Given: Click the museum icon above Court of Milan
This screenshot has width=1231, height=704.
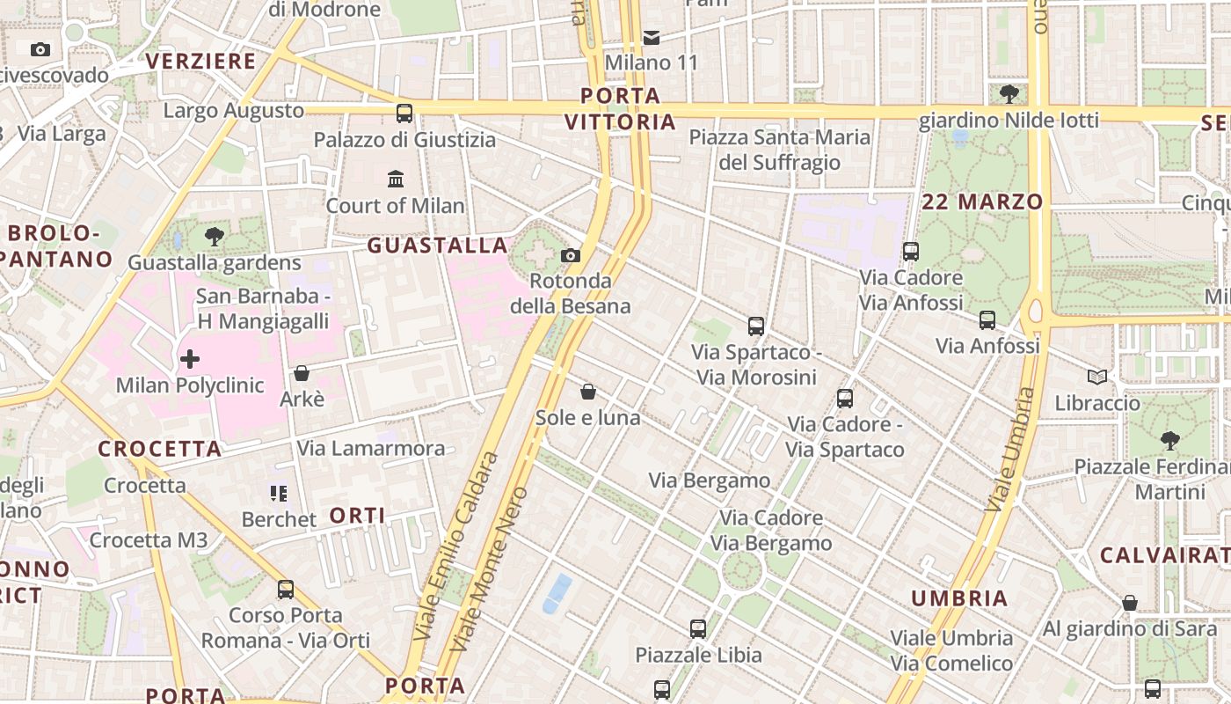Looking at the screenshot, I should [x=396, y=180].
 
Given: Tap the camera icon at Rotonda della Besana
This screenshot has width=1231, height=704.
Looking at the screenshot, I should [x=571, y=255].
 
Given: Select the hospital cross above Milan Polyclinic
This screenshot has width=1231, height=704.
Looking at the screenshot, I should [x=189, y=359].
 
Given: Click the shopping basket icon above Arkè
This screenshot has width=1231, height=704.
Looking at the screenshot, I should [x=302, y=373].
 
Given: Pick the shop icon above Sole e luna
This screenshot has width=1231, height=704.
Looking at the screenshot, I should [x=588, y=392].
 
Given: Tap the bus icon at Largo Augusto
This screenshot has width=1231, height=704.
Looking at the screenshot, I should [x=404, y=113].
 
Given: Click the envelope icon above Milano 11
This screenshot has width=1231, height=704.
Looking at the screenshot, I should [x=652, y=37].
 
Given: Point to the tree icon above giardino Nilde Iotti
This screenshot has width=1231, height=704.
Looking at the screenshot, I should [x=1009, y=92].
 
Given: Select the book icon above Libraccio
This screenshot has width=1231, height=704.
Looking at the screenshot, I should [x=1096, y=378].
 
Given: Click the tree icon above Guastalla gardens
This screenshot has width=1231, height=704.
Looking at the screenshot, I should [x=214, y=236].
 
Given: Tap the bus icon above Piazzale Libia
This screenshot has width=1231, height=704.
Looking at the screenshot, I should [x=698, y=629].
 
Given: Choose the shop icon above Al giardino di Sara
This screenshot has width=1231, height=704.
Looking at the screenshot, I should [x=1130, y=603].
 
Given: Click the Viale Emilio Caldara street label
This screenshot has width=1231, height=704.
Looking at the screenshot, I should [x=455, y=546].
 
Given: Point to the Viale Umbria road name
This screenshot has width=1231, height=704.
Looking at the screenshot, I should [x=1010, y=450].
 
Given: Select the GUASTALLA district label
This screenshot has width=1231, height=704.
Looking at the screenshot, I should [x=437, y=246].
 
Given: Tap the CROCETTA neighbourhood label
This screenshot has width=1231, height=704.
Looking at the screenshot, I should [x=159, y=449].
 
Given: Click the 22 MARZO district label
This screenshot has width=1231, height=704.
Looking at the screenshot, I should [x=982, y=202].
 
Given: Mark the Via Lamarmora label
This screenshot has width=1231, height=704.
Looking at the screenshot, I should [x=370, y=448].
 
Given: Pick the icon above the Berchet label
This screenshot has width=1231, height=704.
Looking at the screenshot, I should [x=279, y=493].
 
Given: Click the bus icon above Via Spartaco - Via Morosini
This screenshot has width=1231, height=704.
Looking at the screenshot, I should [x=756, y=326].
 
